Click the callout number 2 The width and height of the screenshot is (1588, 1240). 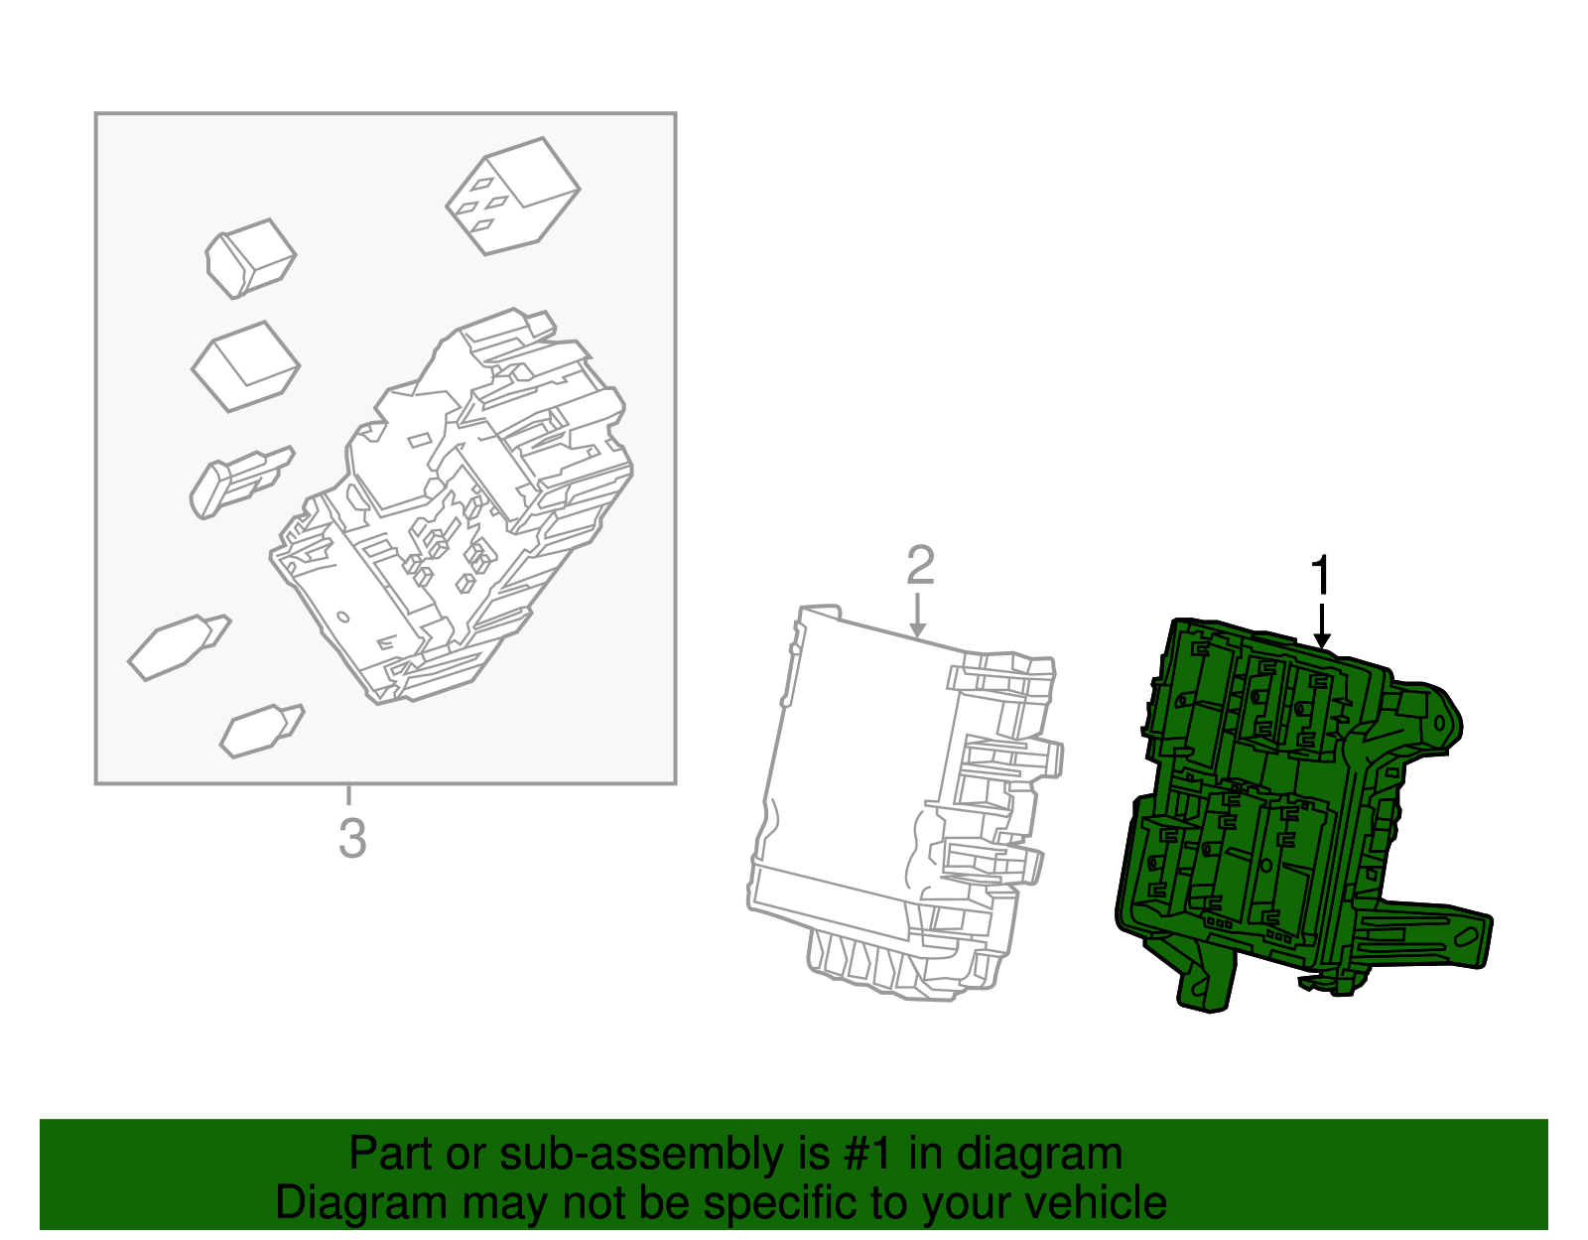(920, 566)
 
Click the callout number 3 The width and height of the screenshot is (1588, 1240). (351, 839)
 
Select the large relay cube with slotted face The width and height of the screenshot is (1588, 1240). (512, 196)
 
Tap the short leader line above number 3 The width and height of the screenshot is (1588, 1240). (348, 795)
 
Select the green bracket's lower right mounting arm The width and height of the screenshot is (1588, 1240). (1429, 933)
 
